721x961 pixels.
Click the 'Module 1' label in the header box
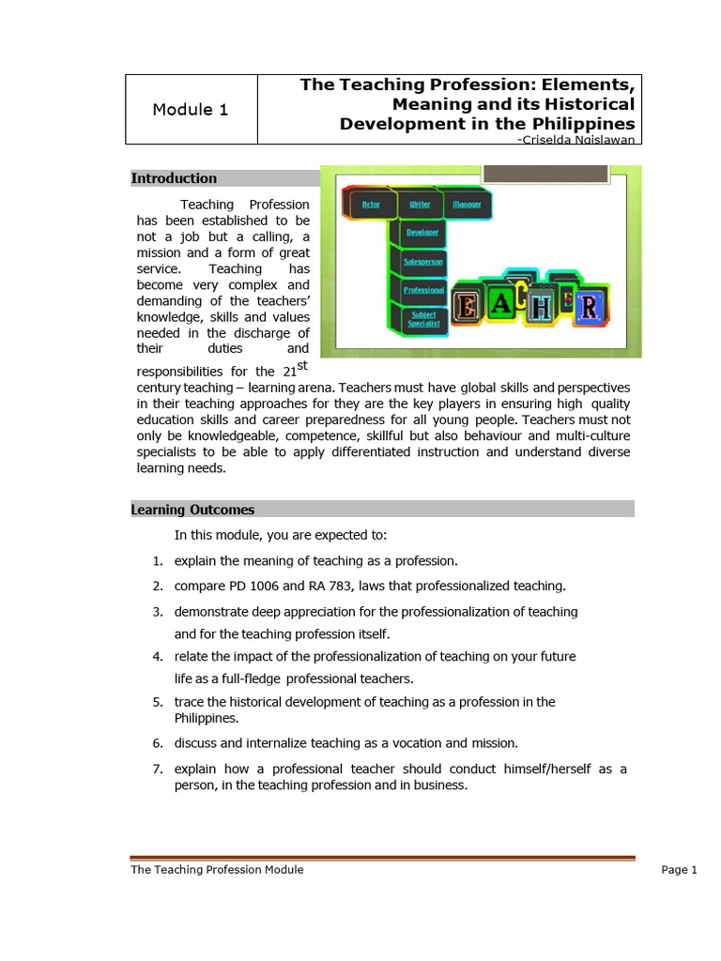click(x=190, y=110)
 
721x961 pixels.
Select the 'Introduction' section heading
click(x=174, y=178)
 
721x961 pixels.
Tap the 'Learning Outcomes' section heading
click(x=192, y=510)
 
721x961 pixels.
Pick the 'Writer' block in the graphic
click(x=420, y=204)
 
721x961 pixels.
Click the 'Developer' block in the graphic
click(x=422, y=232)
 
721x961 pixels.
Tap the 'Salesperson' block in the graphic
click(x=423, y=261)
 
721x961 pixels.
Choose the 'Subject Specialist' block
click(x=422, y=319)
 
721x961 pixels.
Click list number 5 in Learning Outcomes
click(x=158, y=702)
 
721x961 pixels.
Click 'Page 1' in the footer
click(x=679, y=870)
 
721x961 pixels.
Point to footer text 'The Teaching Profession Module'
click(x=217, y=870)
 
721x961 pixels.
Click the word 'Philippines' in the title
click(x=578, y=124)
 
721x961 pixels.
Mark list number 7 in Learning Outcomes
click(x=158, y=769)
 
